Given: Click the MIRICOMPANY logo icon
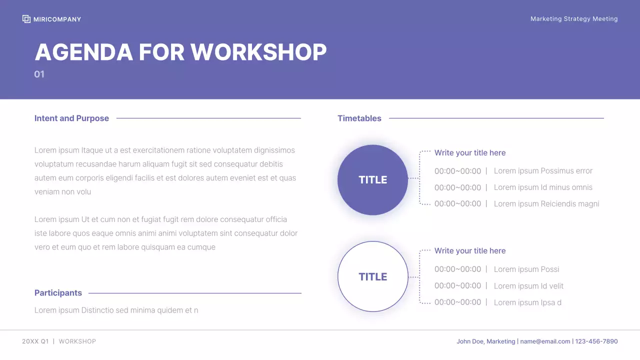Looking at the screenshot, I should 26,19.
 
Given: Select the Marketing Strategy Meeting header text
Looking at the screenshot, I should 574,19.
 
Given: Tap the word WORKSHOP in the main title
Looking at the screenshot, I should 258,52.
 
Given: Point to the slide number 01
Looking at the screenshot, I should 39,74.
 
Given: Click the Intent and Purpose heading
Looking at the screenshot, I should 71,118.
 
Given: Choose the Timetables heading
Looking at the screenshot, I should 359,118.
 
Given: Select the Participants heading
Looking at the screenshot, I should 58,293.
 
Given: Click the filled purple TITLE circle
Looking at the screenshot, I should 372,180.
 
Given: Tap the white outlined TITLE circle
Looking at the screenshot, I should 372,276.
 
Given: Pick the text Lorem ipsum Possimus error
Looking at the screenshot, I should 543,171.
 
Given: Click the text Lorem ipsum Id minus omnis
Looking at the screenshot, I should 543,187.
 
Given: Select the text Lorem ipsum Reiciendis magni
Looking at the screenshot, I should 546,204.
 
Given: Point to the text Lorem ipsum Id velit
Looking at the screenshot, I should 528,286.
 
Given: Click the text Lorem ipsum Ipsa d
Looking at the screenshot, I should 527,302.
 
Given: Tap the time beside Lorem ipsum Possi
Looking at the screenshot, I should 457,269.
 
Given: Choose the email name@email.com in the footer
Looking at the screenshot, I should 545,341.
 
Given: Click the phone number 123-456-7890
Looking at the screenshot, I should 596,341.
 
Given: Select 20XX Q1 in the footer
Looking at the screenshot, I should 35,341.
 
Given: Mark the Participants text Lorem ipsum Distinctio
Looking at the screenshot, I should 116,310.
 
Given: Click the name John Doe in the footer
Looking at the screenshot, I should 470,341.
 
